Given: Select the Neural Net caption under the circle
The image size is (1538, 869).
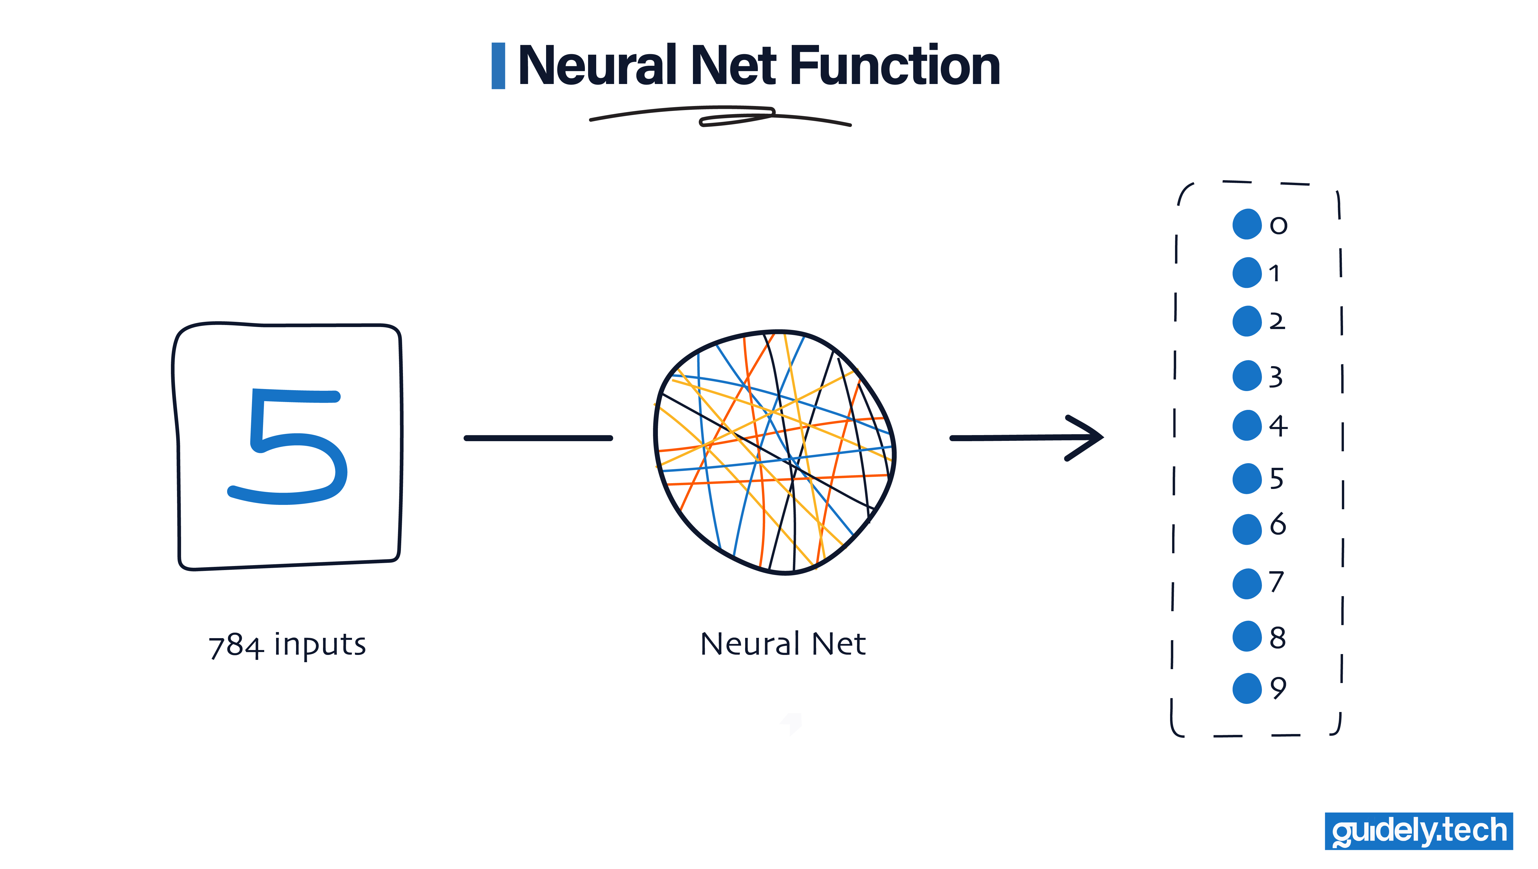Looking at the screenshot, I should click(783, 644).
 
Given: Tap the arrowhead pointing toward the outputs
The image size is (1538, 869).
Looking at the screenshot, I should click(1087, 437).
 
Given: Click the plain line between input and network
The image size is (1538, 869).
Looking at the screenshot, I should click(538, 438).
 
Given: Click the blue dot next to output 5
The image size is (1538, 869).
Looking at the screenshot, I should click(1247, 479).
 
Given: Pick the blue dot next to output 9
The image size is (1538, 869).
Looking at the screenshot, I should click(1247, 688).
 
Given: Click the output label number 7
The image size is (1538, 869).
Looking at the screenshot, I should click(1276, 582).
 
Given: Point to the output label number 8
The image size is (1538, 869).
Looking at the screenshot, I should click(1277, 638).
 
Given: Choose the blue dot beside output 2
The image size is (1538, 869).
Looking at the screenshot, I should click(1247, 321).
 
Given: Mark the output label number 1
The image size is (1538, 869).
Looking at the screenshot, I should click(1274, 273).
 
